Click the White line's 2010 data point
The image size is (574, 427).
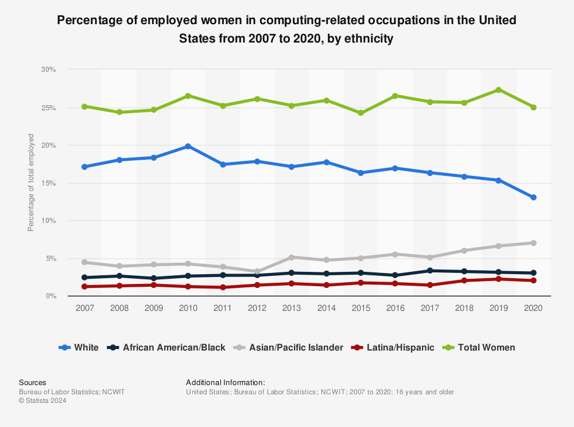(188, 146)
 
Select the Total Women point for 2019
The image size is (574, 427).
(498, 90)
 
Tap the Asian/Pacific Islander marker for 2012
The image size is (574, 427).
(257, 271)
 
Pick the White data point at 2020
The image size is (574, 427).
(533, 197)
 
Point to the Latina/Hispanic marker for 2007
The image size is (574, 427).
(84, 286)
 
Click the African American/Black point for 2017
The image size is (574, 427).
(429, 271)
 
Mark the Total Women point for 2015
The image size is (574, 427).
(360, 113)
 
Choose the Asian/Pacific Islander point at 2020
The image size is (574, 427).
(533, 243)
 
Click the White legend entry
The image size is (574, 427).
(79, 348)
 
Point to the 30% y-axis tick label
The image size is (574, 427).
(48, 70)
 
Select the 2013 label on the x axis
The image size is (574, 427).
(291, 308)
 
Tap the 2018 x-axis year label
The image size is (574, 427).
(464, 308)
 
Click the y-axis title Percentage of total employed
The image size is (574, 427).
(31, 183)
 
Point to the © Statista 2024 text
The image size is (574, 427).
(42, 401)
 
